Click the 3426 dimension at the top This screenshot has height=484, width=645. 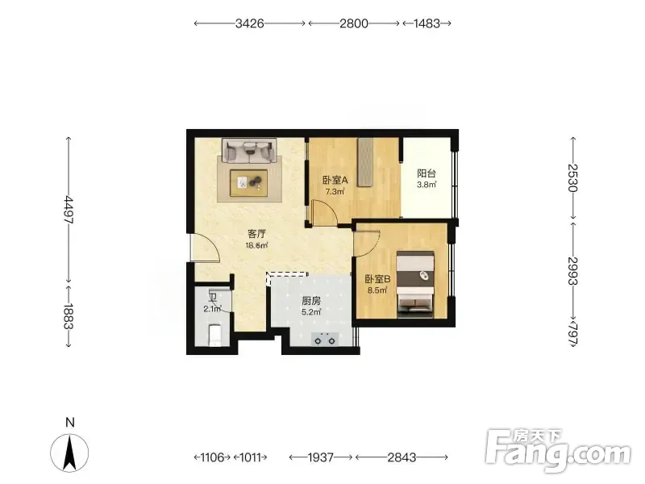(x=249, y=23)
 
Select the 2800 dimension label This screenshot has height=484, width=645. (x=354, y=23)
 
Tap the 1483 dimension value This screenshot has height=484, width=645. (x=427, y=23)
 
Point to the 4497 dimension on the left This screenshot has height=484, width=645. (x=69, y=210)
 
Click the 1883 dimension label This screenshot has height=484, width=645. (x=69, y=316)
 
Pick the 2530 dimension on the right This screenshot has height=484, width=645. (x=572, y=177)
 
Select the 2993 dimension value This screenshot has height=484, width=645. (x=572, y=271)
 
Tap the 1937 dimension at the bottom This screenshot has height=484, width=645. (x=320, y=457)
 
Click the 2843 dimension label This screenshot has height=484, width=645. (x=402, y=457)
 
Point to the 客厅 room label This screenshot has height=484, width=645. (x=256, y=234)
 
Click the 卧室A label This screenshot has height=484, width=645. (x=335, y=180)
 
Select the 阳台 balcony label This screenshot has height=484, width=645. (x=427, y=173)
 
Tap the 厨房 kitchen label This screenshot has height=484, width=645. (x=311, y=301)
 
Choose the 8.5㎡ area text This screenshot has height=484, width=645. (x=377, y=290)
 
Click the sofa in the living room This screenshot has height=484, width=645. (x=249, y=150)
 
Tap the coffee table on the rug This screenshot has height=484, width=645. (x=249, y=183)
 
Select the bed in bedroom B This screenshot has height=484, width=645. (x=415, y=285)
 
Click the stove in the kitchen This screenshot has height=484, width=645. (x=325, y=339)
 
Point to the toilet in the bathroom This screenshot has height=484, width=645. (x=215, y=335)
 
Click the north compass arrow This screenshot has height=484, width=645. (x=69, y=453)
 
